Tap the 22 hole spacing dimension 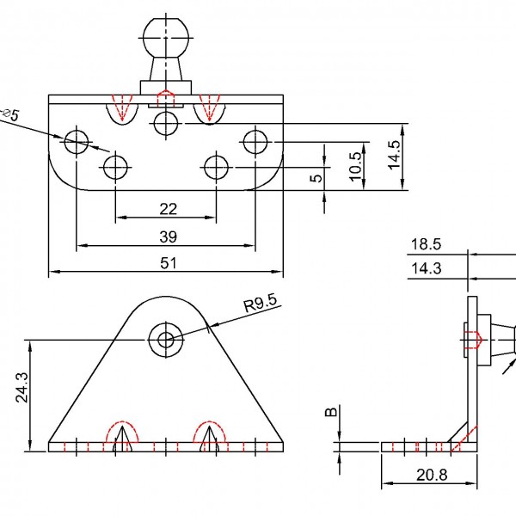(x=168, y=208)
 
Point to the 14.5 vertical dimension (x=393, y=157)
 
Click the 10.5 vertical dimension (x=355, y=164)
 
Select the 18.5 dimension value (x=425, y=245)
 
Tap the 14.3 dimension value (x=425, y=268)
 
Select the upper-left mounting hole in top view (x=77, y=140)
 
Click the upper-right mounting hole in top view (x=255, y=140)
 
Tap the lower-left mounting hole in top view (x=116, y=165)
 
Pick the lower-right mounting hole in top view (x=216, y=165)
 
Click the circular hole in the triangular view (x=165, y=339)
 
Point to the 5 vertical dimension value (x=316, y=179)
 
